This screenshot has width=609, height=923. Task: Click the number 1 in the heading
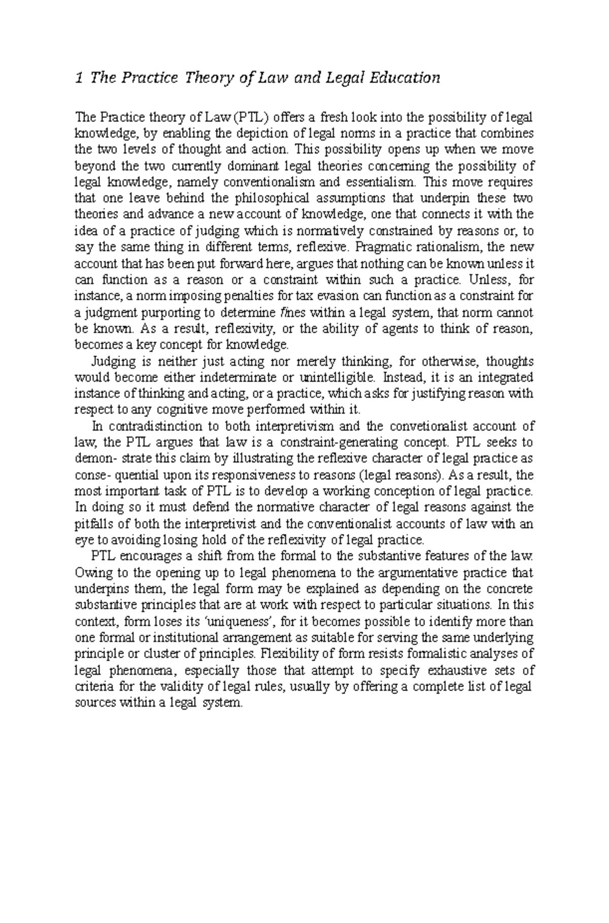pos(78,78)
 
